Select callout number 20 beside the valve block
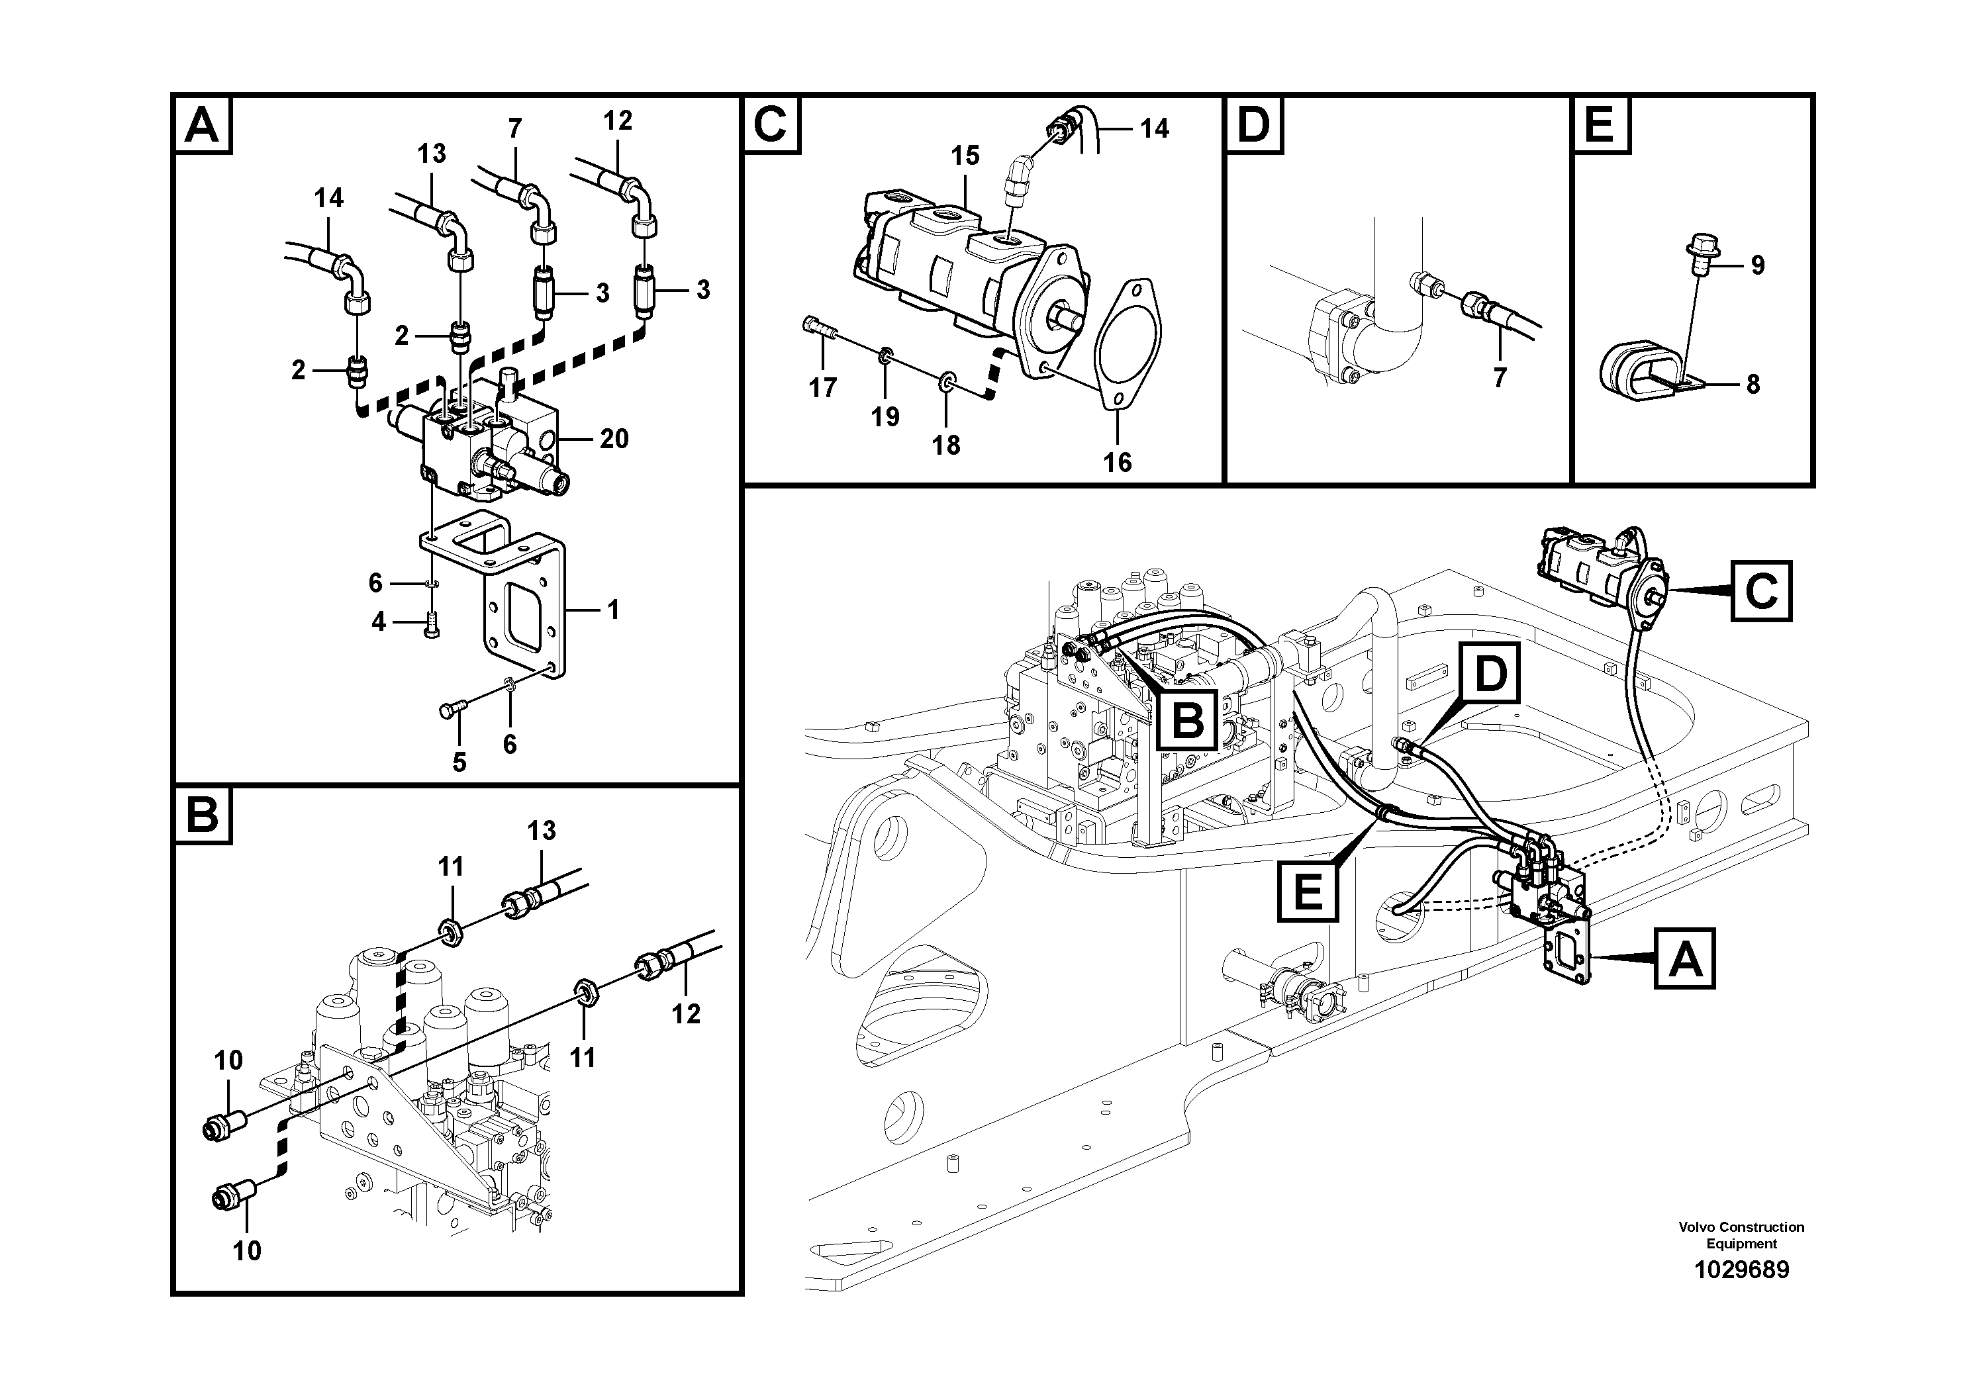pos(614,440)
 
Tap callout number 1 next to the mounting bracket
pos(613,610)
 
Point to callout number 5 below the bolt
pos(459,761)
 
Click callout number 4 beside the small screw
pos(379,622)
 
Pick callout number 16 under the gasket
pos(1117,463)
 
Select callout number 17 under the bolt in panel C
pos(822,389)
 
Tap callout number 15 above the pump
pos(965,156)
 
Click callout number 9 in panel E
pos(1757,265)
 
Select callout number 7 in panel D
pos(1499,377)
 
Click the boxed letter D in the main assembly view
pos(1490,674)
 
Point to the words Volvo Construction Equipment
pos(1741,1235)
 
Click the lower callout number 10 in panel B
pos(246,1250)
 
